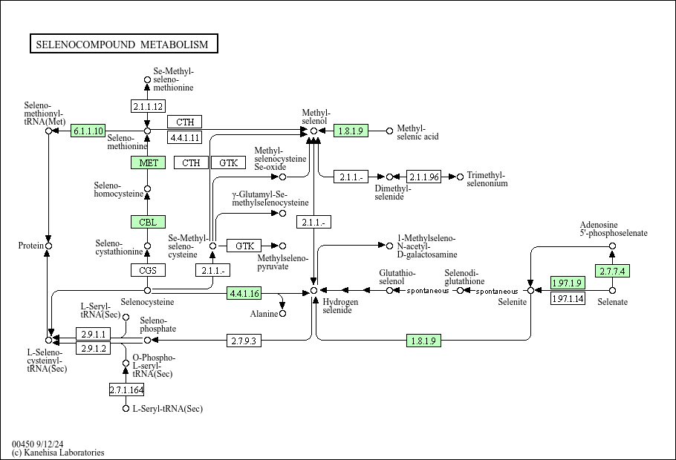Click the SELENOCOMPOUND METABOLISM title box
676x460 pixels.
click(124, 44)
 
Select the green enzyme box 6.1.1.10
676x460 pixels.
click(88, 131)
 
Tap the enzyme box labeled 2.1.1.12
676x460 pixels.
click(148, 106)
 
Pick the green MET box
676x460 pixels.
click(148, 162)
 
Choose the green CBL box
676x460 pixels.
click(148, 222)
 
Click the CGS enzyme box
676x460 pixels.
click(148, 270)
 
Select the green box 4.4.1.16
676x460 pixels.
click(244, 293)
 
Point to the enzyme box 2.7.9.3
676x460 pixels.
click(244, 341)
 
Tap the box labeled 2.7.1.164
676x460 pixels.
click(126, 390)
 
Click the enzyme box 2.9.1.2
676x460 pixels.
click(93, 348)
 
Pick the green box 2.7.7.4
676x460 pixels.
click(612, 271)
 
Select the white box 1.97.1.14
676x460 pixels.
click(568, 298)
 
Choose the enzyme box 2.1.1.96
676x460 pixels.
click(423, 177)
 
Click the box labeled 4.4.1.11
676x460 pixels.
click(184, 137)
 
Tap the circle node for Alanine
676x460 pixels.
click(282, 314)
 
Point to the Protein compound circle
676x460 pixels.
click(48, 246)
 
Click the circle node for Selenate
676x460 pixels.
click(612, 291)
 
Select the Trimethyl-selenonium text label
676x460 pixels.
click(487, 179)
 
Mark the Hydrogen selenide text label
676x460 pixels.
click(340, 306)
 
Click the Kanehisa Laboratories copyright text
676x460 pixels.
click(58, 453)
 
